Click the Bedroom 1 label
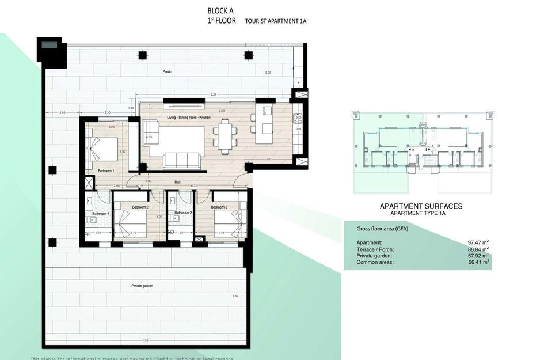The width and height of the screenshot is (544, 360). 106,171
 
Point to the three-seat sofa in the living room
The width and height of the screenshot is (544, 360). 181,161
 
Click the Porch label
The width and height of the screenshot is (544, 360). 167,71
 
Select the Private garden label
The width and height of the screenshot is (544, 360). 142,285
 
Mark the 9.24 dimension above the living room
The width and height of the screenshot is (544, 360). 214,94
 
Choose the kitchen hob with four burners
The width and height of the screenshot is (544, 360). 297,119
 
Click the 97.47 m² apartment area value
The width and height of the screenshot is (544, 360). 479,243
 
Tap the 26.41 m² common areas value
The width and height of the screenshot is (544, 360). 479,262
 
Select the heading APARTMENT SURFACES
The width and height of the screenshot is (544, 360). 421,206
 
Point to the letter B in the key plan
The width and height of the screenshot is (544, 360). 427,149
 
